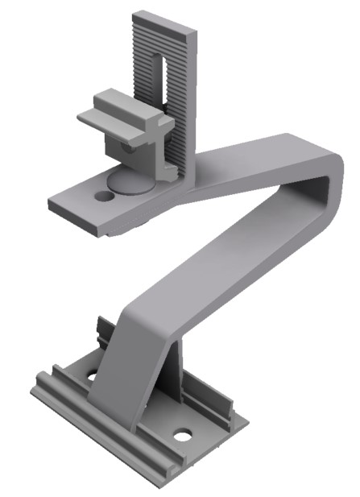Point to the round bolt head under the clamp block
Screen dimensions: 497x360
[x=128, y=181]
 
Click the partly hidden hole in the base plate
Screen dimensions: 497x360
[x=91, y=375]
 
